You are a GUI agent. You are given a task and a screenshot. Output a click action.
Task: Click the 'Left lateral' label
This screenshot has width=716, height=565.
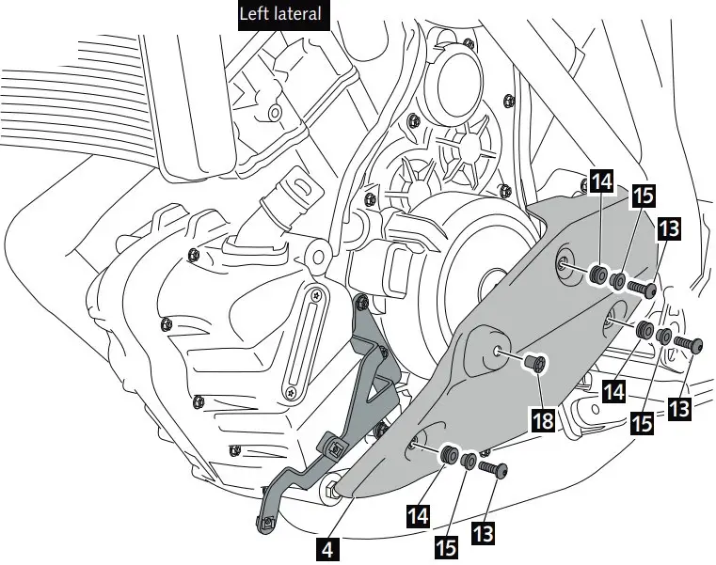point(280,14)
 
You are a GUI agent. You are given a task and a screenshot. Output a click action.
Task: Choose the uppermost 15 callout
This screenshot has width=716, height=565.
point(644,196)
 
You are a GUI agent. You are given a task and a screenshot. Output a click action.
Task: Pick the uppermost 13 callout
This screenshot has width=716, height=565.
point(669,228)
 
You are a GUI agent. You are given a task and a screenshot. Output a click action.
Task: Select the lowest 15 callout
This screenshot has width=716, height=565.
point(448,543)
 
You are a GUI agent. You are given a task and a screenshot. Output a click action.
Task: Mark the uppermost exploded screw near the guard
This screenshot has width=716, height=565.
point(642,287)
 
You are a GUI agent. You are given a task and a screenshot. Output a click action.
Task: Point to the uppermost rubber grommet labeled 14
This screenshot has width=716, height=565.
point(595,275)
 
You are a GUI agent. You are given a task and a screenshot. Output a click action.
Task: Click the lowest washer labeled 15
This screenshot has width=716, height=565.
point(468,462)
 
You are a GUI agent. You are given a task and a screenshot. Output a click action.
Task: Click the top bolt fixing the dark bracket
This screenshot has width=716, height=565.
point(361,304)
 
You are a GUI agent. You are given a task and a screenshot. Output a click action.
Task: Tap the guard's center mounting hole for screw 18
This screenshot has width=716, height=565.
point(496,352)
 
